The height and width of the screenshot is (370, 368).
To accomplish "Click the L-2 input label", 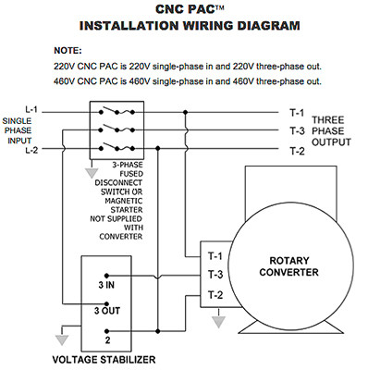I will click(30, 148).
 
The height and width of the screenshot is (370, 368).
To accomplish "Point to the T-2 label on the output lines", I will click(298, 150).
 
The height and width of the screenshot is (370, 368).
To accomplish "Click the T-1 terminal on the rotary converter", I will click(215, 255).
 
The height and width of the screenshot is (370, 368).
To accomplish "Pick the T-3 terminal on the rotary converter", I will click(215, 275).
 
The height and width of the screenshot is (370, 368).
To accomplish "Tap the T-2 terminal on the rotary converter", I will click(215, 294).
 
